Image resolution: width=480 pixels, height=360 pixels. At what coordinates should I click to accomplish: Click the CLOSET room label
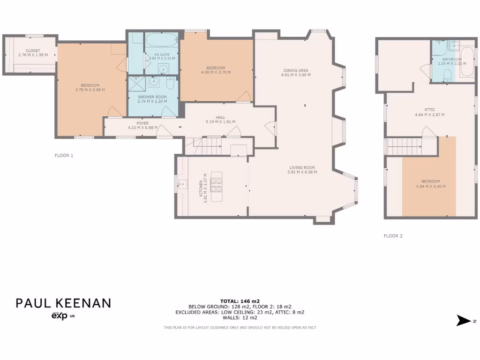pos(33,51)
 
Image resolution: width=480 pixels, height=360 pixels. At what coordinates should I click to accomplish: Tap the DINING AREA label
pos(295,70)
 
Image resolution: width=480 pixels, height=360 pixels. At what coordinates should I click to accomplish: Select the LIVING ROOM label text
pos(302,167)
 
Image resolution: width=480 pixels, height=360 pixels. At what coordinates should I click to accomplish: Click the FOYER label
pos(142,123)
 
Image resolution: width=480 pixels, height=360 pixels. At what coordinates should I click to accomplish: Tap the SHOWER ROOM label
pos(152,97)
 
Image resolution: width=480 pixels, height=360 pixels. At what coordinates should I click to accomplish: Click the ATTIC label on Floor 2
pos(430,110)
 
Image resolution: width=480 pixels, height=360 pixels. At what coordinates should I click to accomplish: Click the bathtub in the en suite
pos(161,39)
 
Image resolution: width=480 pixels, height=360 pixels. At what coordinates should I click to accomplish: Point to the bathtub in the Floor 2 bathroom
pos(467,62)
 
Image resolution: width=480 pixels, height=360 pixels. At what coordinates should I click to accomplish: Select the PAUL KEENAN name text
pos(63,303)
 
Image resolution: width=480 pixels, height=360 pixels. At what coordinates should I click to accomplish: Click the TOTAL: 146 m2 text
pos(240,301)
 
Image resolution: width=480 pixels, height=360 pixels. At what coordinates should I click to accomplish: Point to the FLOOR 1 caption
pos(64,156)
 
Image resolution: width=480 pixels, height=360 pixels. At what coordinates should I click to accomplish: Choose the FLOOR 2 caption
pos(393,236)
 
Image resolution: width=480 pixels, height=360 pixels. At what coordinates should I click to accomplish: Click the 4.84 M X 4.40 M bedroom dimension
pos(430,187)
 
